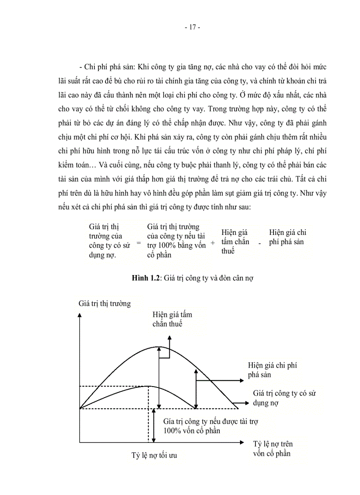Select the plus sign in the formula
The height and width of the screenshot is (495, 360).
[x=213, y=243]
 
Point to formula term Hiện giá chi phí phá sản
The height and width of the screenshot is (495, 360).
[x=287, y=237]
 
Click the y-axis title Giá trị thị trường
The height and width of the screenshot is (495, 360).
[x=105, y=304]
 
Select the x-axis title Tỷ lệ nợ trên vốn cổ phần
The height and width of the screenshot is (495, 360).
[x=273, y=448]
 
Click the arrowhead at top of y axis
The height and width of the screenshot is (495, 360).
[x=79, y=315]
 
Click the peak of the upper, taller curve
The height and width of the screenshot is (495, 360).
[x=158, y=346]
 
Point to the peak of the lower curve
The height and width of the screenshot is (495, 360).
[x=147, y=386]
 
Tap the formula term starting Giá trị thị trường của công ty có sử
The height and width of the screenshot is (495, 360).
[x=106, y=242]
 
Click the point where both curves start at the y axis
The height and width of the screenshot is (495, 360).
[x=80, y=409]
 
